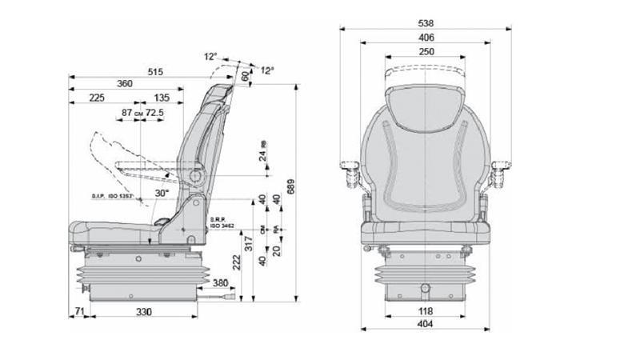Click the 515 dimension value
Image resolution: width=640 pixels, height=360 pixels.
pos(155,72)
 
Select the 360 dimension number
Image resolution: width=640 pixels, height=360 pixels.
pos(124,84)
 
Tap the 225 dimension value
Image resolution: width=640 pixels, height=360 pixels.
pos(97,98)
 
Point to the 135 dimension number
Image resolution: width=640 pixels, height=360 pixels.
pos(162,98)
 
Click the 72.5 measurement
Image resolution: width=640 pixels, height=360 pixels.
pos(154,113)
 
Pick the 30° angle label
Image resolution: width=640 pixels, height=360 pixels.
pos(162,193)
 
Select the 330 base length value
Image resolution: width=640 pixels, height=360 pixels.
pos(142,310)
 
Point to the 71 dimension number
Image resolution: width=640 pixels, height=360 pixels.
pos(78,310)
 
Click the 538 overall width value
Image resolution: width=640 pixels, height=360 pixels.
pos(426,22)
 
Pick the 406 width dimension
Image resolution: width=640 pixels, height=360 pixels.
pos(426,37)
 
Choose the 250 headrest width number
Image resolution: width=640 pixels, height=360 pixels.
pos(426,51)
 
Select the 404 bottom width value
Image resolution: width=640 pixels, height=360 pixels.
pos(426,324)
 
